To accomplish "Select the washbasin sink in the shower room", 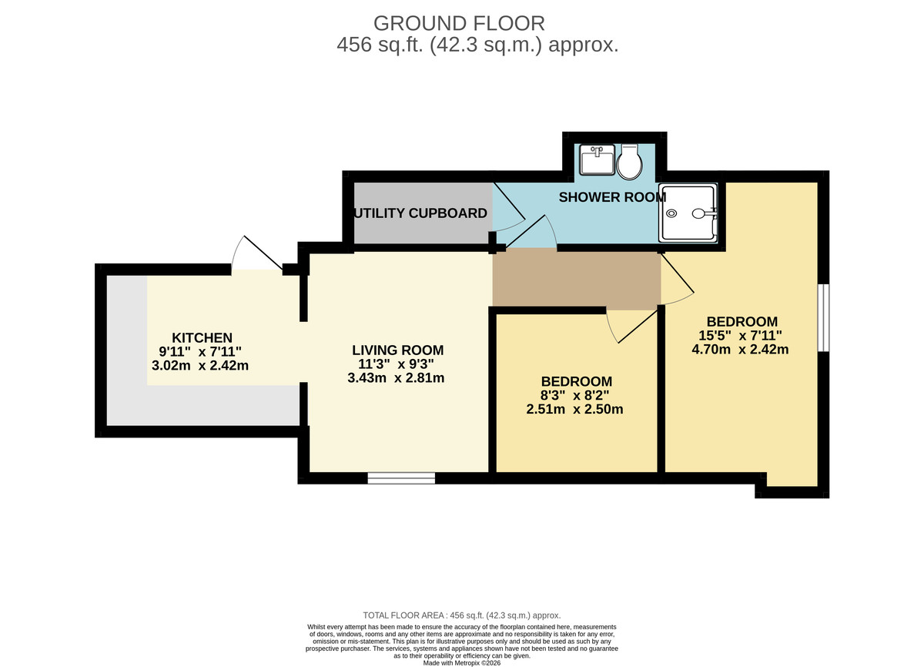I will pos(597,160).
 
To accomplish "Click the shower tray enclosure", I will pos(688,213).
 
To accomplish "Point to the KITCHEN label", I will pos(202,337).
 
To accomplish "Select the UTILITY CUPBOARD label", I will pos(421,213).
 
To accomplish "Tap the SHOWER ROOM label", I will pos(612,197).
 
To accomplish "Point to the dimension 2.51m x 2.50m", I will pos(574,409).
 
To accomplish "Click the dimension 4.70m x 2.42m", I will pos(741,348).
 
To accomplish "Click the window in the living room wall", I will pos(401,478).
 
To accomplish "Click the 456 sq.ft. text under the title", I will pos(477,45).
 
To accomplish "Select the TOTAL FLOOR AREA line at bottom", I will pos(462,615).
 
